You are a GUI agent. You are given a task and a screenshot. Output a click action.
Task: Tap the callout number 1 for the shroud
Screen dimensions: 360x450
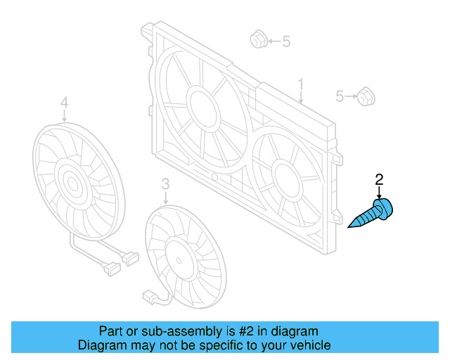300,86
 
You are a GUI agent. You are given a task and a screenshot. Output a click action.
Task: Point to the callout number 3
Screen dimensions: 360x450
165,184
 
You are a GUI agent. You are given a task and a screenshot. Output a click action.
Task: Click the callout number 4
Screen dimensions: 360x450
64,104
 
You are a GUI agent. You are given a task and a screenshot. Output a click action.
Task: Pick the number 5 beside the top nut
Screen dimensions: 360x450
285,41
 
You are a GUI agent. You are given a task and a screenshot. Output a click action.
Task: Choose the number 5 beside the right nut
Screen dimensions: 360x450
340,96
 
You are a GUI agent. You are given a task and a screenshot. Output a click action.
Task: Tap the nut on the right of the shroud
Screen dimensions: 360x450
364,96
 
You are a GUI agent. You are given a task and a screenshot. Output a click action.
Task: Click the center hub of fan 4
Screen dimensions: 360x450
71,184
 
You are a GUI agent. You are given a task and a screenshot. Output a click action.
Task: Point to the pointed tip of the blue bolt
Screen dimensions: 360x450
350,226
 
